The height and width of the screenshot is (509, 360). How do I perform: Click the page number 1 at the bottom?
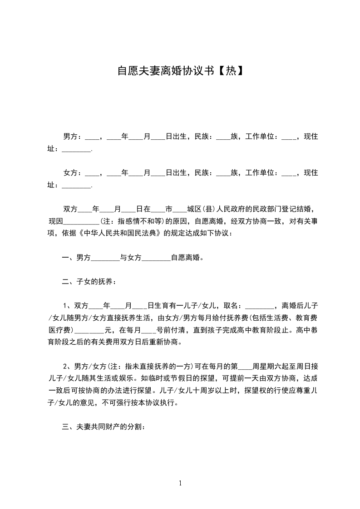coord(180,483)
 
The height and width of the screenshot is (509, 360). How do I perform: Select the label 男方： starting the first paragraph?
coord(72,137)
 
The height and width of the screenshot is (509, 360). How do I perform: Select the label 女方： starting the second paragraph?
coord(72,173)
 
